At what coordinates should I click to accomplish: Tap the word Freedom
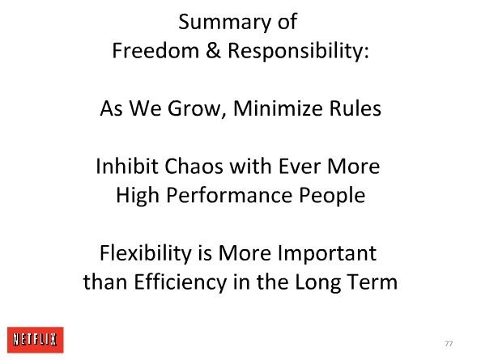pyautogui.click(x=155, y=50)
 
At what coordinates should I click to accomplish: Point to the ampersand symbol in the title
pyautogui.click(x=213, y=50)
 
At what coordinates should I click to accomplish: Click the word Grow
pyautogui.click(x=194, y=108)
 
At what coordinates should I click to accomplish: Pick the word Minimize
pyautogui.click(x=278, y=108)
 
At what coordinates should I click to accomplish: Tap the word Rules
pyautogui.click(x=355, y=108)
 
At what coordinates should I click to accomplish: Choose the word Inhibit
pyautogui.click(x=126, y=166)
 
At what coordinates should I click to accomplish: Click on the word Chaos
pyautogui.click(x=194, y=166)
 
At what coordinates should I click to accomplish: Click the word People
pyautogui.click(x=332, y=196)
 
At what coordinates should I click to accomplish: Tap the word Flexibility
pyautogui.click(x=146, y=254)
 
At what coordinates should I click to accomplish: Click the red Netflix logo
pyautogui.click(x=36, y=340)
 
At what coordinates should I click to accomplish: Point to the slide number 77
pyautogui.click(x=449, y=344)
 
